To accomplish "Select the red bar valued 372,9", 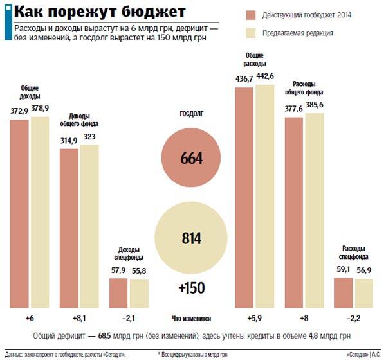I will [19, 213].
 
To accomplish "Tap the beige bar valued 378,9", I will [40, 211].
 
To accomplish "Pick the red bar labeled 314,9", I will [69, 227].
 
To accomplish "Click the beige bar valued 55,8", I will [139, 293].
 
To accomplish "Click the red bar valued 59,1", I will [343, 292].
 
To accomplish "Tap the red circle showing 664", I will [191, 158].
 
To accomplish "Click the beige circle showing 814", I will [191, 238].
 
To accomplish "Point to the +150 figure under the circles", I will [191, 288].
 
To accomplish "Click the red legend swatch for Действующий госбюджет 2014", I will [250, 15].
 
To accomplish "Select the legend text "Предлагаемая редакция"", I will [298, 33].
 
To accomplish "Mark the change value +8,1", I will [79, 318].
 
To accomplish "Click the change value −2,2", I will [353, 318].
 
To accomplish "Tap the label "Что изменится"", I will [192, 319].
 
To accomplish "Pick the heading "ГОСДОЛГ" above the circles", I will [191, 114].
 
